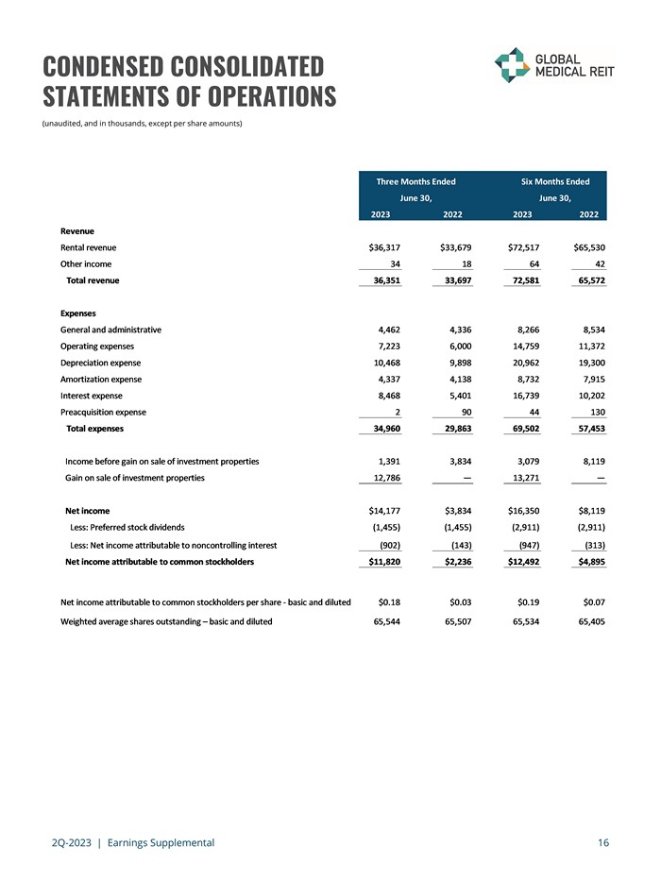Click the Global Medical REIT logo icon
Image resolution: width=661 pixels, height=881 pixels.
(x=513, y=65)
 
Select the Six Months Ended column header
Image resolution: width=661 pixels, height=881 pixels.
(x=555, y=181)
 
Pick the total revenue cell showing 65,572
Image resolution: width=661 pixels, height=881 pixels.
(x=587, y=280)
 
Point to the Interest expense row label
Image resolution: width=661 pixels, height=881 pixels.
(x=91, y=395)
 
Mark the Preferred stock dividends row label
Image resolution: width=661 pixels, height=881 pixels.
(x=128, y=527)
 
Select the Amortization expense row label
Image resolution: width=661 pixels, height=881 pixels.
(x=100, y=379)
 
